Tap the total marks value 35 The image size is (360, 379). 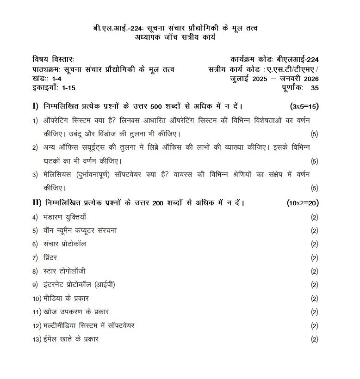point(315,87)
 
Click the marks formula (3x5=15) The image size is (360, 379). point(304,106)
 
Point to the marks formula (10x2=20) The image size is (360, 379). point(303,203)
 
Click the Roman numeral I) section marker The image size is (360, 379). point(35,106)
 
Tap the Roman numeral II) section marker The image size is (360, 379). point(37,203)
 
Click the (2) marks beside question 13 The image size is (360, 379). point(315,340)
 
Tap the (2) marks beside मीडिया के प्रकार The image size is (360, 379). point(315,299)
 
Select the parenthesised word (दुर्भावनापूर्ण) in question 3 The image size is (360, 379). point(100,174)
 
